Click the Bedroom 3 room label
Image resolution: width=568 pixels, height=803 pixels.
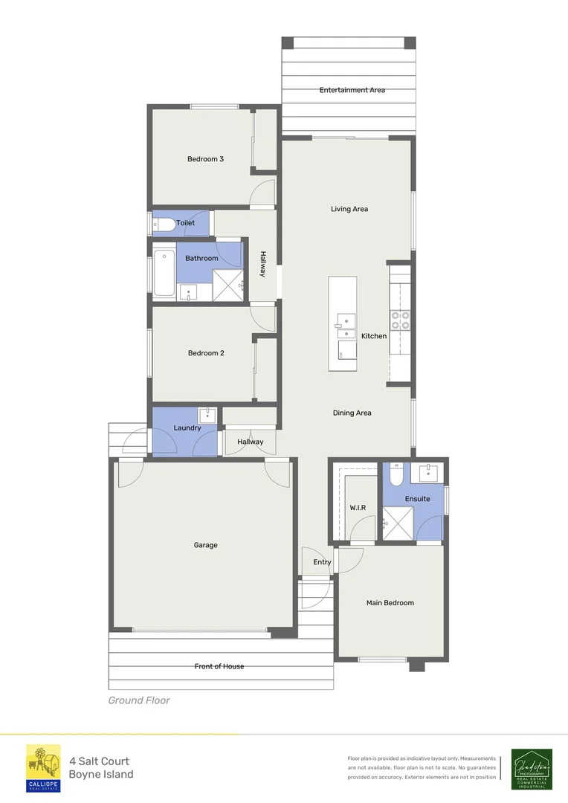pyautogui.click(x=205, y=159)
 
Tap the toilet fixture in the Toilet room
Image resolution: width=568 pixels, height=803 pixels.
pyautogui.click(x=163, y=223)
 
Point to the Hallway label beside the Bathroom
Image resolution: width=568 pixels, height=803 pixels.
pyautogui.click(x=262, y=264)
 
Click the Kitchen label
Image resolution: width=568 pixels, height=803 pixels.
pyautogui.click(x=374, y=336)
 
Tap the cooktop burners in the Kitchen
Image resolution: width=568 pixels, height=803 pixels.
pyautogui.click(x=400, y=320)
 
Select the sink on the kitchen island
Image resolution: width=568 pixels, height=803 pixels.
pyautogui.click(x=343, y=321)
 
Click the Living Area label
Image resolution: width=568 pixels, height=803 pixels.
pyautogui.click(x=349, y=209)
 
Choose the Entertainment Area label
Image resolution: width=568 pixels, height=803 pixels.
pyautogui.click(x=352, y=90)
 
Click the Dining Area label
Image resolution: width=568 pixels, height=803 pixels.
pyautogui.click(x=352, y=413)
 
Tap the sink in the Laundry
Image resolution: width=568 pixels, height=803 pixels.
pyautogui.click(x=207, y=415)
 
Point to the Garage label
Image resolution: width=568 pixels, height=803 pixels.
pyautogui.click(x=206, y=545)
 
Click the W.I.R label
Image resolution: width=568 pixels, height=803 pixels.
pyautogui.click(x=358, y=508)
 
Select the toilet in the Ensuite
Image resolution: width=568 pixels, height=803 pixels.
pyautogui.click(x=396, y=473)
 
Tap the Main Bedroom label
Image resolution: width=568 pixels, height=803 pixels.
pyautogui.click(x=390, y=602)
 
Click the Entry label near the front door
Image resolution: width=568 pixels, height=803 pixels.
pyautogui.click(x=322, y=562)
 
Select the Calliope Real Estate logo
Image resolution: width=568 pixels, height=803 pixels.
pyautogui.click(x=44, y=768)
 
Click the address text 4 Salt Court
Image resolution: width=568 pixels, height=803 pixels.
pyautogui.click(x=99, y=761)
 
